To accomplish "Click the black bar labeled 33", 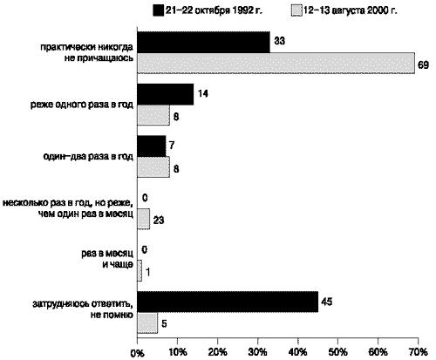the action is (x=203, y=42).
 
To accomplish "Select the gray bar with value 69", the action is (x=276, y=63).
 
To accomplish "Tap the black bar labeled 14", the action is (x=166, y=94).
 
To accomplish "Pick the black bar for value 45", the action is (x=228, y=302).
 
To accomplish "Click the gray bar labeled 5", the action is (x=147, y=323).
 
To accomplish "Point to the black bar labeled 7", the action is (x=152, y=146).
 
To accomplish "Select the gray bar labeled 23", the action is (x=144, y=219).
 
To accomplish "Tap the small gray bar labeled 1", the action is (x=140, y=270).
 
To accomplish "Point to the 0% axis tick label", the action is (x=137, y=353).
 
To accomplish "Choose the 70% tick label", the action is (x=419, y=352).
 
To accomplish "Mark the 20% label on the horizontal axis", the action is (x=218, y=352).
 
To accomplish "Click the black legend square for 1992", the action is (x=158, y=10).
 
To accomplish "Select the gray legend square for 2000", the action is (x=296, y=10).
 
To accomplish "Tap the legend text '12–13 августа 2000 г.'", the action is (x=351, y=10).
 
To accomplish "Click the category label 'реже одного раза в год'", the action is (x=82, y=105).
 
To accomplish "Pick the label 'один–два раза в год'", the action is (x=88, y=157).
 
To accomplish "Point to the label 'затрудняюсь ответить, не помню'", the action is (x=83, y=309).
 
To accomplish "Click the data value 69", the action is (x=423, y=65).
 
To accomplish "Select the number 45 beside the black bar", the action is (x=326, y=302).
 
